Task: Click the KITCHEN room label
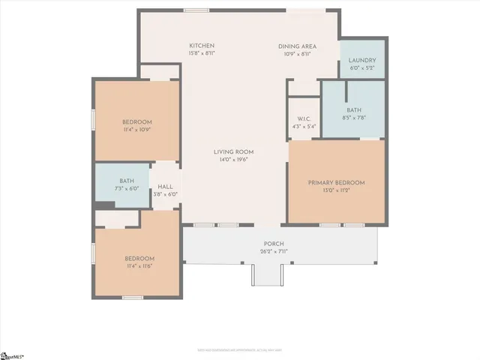pyautogui.click(x=202, y=46)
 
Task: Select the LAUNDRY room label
pyautogui.click(x=363, y=60)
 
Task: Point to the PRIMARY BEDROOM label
pyautogui.click(x=336, y=183)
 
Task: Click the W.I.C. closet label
pyautogui.click(x=304, y=118)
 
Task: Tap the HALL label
pyautogui.click(x=164, y=187)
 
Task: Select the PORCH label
pyautogui.click(x=273, y=244)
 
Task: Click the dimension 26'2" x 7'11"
pyautogui.click(x=273, y=251)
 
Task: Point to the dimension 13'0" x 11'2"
pyautogui.click(x=336, y=190)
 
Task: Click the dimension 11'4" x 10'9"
pyautogui.click(x=137, y=130)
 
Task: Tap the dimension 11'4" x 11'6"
pyautogui.click(x=139, y=266)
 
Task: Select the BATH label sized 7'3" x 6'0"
pyautogui.click(x=127, y=181)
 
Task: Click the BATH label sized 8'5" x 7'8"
pyautogui.click(x=354, y=110)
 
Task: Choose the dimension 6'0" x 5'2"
pyautogui.click(x=363, y=67)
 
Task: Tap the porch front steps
pyautogui.click(x=266, y=276)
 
